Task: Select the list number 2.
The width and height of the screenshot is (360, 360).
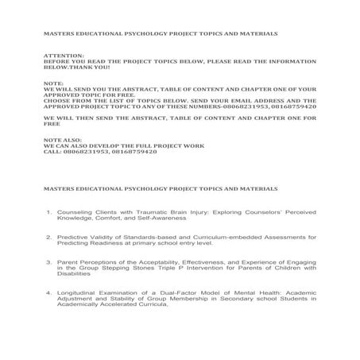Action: [x=48, y=236]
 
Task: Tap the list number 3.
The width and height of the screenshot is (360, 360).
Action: [x=48, y=261]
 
